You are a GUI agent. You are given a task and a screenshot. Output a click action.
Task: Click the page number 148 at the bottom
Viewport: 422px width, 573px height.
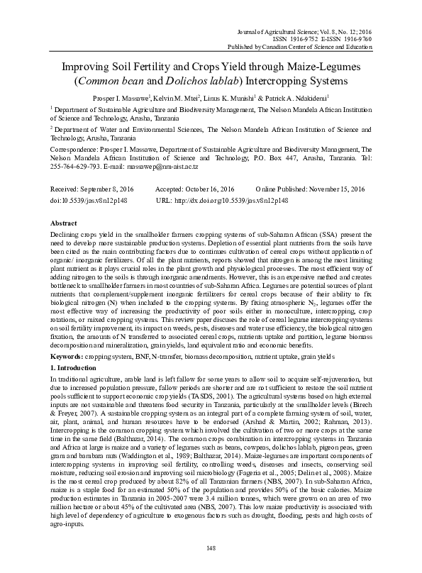click(211, 547)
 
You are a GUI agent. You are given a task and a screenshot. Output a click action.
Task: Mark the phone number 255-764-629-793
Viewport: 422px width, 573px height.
click(74, 165)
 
